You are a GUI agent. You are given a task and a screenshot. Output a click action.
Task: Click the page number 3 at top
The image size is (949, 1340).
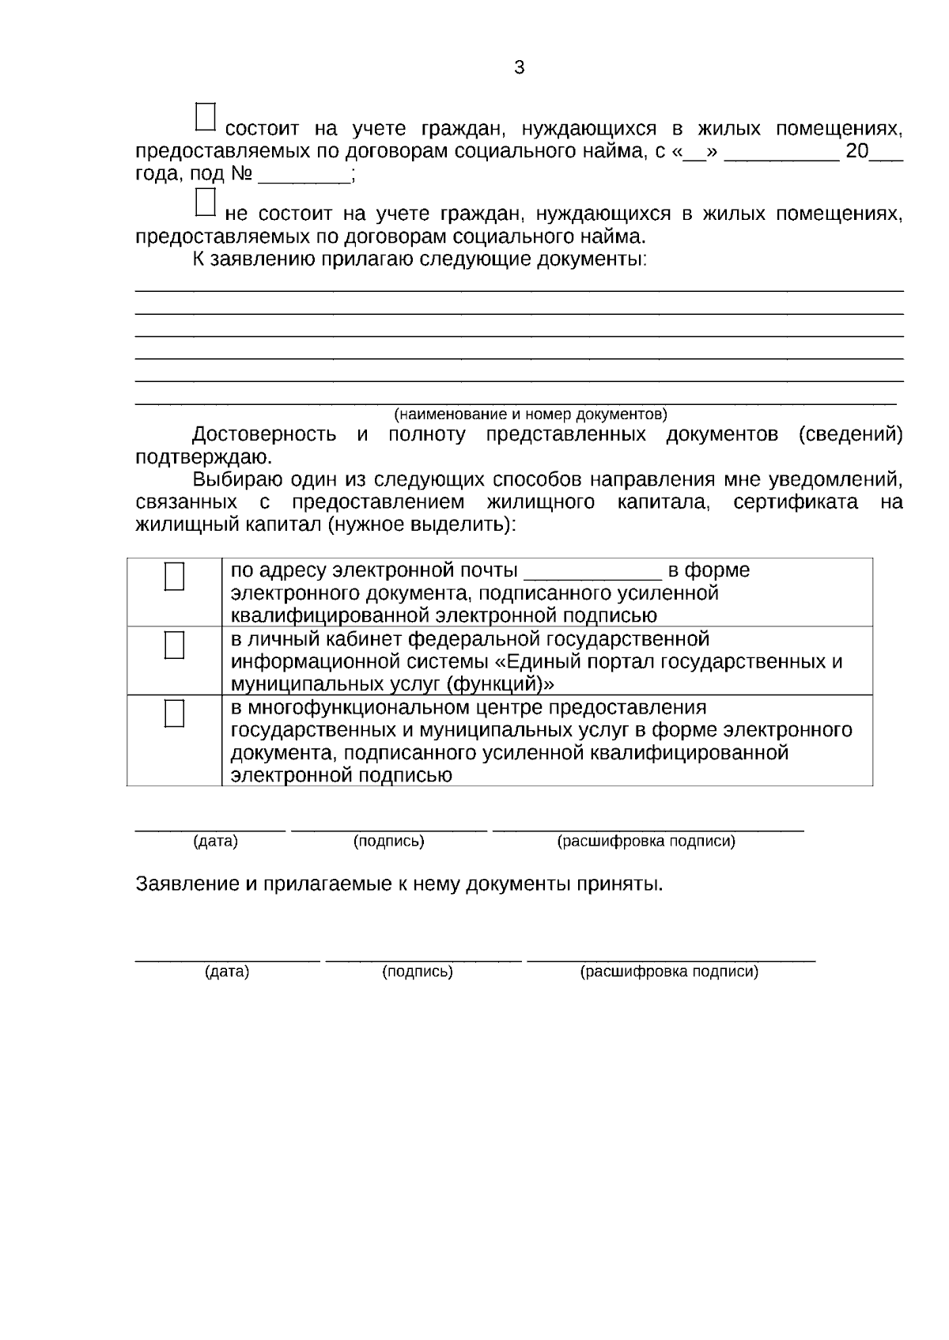click(x=519, y=68)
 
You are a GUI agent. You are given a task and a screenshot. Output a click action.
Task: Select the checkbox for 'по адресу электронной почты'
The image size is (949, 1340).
click(x=174, y=577)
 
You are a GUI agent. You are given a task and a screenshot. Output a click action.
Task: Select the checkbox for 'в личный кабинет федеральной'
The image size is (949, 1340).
click(x=174, y=645)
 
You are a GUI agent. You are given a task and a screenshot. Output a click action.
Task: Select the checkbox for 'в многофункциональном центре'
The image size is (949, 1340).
click(x=174, y=714)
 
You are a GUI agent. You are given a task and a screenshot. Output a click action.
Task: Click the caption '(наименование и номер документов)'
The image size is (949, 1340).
click(x=531, y=414)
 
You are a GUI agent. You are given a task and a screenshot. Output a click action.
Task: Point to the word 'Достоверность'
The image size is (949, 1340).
click(x=264, y=435)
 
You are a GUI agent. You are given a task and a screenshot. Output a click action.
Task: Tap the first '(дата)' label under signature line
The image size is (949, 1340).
click(x=215, y=842)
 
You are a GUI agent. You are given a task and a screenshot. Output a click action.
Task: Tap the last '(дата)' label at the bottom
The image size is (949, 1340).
click(x=227, y=972)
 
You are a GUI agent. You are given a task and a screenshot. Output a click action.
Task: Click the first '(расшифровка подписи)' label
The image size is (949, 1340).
click(x=646, y=842)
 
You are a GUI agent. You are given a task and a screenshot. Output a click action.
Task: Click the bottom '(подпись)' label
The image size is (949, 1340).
click(x=417, y=972)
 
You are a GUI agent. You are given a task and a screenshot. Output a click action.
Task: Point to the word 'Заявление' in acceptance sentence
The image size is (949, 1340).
click(x=187, y=884)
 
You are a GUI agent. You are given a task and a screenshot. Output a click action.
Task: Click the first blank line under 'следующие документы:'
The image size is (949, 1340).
click(x=519, y=289)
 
